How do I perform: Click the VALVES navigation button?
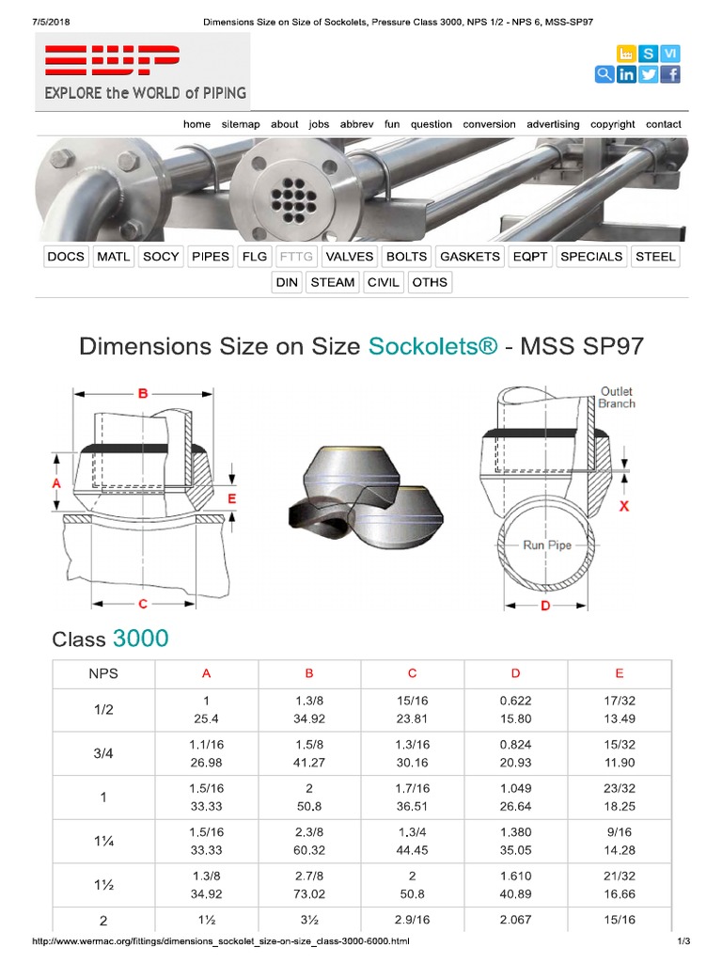click(x=350, y=256)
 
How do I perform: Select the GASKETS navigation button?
click(x=470, y=256)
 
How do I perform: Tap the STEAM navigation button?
click(x=332, y=282)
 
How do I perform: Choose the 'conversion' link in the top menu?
click(x=489, y=124)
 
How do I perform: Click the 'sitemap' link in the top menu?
click(x=241, y=124)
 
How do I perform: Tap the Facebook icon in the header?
click(x=670, y=75)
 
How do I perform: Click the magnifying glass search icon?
click(x=604, y=75)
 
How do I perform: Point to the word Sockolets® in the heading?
click(x=432, y=346)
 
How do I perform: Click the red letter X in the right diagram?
click(x=623, y=505)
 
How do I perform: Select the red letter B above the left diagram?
click(x=143, y=394)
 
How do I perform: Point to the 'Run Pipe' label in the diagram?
click(x=546, y=545)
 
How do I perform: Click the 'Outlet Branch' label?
click(x=617, y=397)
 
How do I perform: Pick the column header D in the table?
click(x=515, y=673)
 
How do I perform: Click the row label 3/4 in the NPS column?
click(x=103, y=753)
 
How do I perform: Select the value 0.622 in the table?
click(x=515, y=701)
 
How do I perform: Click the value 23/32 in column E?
click(x=619, y=789)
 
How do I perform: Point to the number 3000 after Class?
click(x=141, y=639)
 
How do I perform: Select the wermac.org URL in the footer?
click(x=221, y=941)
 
